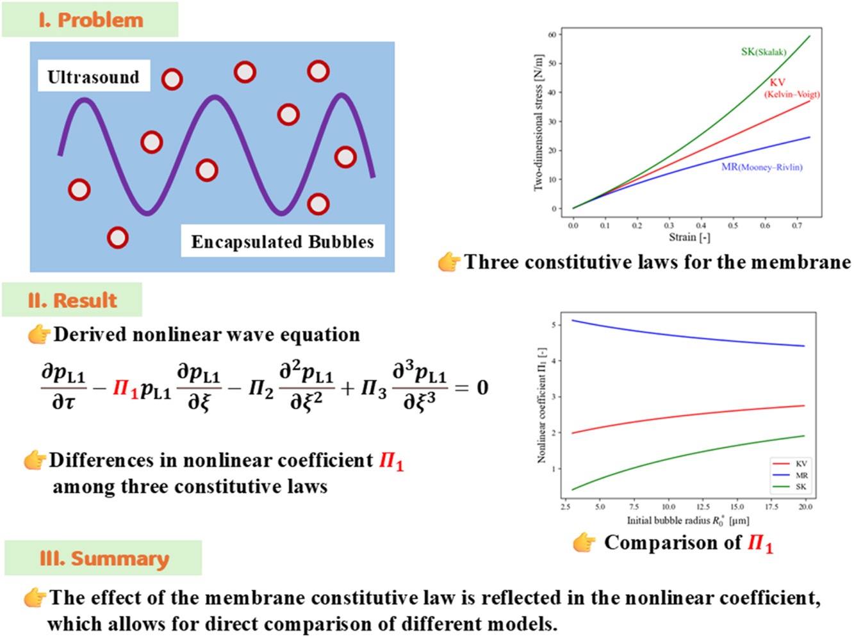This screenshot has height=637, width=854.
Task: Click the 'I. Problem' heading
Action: pyautogui.click(x=90, y=20)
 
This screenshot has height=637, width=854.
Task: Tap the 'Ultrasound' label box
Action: pyautogui.click(x=94, y=77)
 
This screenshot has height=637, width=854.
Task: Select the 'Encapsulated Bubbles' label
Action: pyautogui.click(x=283, y=241)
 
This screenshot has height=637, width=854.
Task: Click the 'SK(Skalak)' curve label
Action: pyautogui.click(x=763, y=52)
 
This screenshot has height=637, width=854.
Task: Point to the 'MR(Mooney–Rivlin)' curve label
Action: pyautogui.click(x=762, y=167)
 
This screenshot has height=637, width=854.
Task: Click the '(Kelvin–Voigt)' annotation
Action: pyautogui.click(x=792, y=94)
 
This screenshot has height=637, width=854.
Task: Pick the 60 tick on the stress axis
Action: pyautogui.click(x=552, y=35)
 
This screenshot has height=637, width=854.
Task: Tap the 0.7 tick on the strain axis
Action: pyautogui.click(x=796, y=225)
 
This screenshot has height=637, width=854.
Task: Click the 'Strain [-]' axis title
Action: pyautogui.click(x=689, y=238)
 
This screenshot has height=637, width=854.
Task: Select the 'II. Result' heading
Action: pyautogui.click(x=72, y=300)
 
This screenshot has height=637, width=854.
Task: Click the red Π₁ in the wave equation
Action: pyautogui.click(x=125, y=388)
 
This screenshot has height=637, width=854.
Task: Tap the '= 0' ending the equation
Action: pyautogui.click(x=472, y=387)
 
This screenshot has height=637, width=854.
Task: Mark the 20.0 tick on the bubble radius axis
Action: pyautogui.click(x=805, y=506)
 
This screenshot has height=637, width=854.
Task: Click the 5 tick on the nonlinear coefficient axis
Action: pyautogui.click(x=554, y=325)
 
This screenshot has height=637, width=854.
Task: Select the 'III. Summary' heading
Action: pyautogui.click(x=104, y=558)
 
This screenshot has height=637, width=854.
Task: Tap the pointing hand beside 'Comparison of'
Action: pyautogui.click(x=584, y=543)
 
